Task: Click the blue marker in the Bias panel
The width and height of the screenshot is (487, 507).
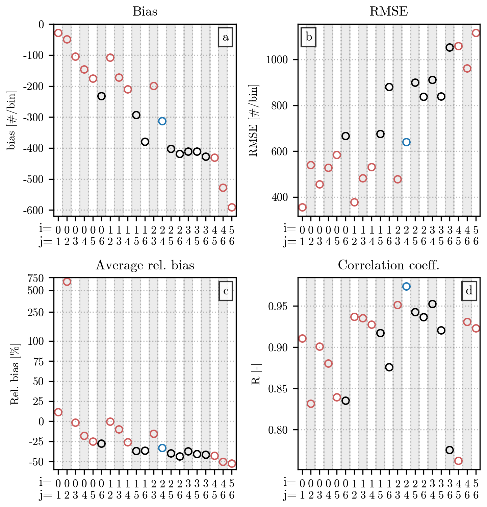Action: [x=162, y=121]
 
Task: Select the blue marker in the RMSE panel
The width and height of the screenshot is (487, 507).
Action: [x=406, y=142]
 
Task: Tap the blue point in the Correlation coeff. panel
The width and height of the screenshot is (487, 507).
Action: [x=406, y=286]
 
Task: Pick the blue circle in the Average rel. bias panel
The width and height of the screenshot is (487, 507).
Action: [x=162, y=448]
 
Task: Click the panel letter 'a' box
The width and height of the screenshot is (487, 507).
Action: [x=226, y=37]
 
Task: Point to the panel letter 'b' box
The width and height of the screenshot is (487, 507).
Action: [x=309, y=37]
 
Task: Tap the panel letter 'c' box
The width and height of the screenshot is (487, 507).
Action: [x=226, y=291]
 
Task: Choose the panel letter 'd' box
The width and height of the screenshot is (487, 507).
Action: [x=469, y=291]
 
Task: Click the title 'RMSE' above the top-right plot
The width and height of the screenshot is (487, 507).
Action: [x=389, y=11]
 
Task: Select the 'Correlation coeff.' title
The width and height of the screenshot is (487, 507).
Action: [x=389, y=265]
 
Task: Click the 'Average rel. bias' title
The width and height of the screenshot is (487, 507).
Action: [x=145, y=265]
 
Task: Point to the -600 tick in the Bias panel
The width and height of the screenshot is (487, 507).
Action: [x=33, y=210]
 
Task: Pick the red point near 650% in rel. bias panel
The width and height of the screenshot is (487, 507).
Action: [x=67, y=282]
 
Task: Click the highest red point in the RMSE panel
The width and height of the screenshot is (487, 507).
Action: [x=476, y=33]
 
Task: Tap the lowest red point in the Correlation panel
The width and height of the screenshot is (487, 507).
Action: [x=458, y=461]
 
